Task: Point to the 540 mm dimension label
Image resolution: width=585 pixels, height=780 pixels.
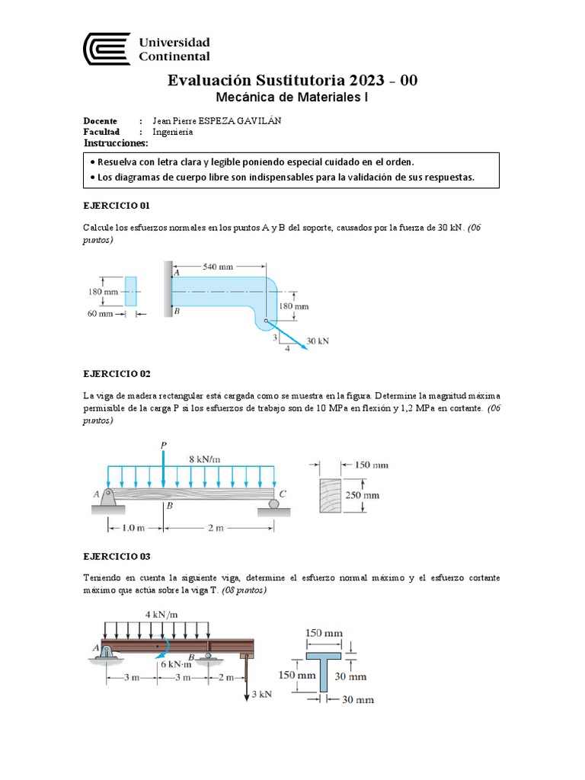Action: (x=218, y=267)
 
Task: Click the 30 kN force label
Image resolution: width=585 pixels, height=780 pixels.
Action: (x=318, y=341)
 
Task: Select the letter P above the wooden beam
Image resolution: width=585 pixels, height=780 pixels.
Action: (x=163, y=445)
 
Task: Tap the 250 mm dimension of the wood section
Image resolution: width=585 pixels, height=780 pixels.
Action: (x=363, y=495)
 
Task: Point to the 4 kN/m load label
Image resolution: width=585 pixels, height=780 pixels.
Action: (x=161, y=614)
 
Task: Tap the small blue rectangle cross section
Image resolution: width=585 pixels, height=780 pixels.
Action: (x=131, y=291)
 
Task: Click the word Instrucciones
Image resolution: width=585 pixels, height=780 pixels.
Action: (x=116, y=143)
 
